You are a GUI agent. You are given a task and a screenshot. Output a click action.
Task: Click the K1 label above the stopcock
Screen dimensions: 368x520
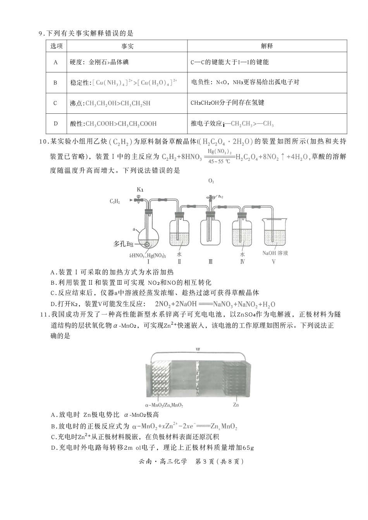[x=140, y=190]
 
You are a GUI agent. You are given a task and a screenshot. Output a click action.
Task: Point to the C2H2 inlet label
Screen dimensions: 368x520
[x=115, y=201]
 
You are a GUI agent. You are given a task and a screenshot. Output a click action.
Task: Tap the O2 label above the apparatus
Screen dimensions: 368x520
[x=211, y=181]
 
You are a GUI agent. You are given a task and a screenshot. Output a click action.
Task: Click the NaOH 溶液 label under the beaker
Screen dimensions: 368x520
[x=275, y=253]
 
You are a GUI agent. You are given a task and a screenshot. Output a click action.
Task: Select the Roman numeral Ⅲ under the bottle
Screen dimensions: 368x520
[x=211, y=262]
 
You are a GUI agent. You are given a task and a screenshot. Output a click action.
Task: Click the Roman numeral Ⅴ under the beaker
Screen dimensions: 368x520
[x=273, y=262]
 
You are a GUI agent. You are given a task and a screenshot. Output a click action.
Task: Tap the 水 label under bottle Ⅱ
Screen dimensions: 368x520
[x=179, y=254]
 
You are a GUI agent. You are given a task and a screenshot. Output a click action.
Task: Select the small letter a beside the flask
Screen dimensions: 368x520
[x=134, y=229]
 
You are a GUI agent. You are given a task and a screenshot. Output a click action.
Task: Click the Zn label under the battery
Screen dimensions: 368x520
[x=236, y=405]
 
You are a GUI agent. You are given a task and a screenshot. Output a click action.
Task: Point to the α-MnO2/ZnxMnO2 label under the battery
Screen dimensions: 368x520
[x=164, y=405]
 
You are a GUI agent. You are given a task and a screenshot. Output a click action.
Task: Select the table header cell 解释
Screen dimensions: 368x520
[x=267, y=46]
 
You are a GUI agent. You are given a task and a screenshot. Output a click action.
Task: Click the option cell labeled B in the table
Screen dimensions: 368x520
[x=56, y=82]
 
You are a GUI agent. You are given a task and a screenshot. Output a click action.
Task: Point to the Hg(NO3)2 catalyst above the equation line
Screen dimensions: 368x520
[x=220, y=151]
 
